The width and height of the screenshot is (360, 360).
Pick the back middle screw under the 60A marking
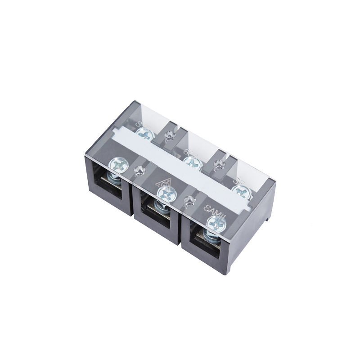(193, 161)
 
